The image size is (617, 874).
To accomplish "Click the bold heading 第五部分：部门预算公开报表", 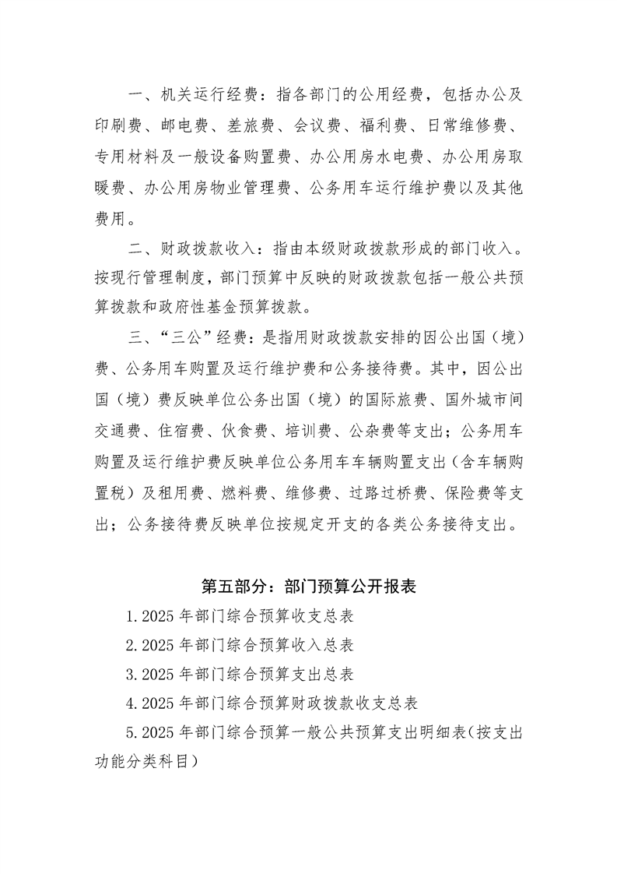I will point(309,587).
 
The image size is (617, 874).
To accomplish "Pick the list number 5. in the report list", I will point(132,732).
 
